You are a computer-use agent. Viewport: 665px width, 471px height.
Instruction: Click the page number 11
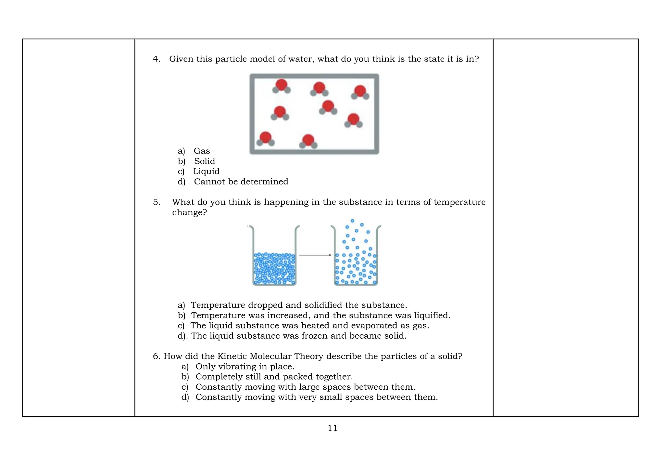point(332,428)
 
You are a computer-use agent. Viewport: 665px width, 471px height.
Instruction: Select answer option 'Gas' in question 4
point(202,151)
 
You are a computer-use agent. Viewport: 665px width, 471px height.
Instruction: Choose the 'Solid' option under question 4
point(205,161)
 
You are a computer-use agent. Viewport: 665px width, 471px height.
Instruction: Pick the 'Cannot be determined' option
point(241,182)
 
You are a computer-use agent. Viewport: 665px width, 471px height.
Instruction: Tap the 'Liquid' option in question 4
point(206,171)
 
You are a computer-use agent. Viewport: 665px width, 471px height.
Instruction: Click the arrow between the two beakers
point(315,255)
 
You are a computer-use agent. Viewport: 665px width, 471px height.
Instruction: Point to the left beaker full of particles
point(274,268)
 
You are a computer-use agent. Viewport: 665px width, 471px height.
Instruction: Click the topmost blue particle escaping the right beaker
point(352,221)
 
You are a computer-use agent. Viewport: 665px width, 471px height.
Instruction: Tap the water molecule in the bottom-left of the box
point(266,139)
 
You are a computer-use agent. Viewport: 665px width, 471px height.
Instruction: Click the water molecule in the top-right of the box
point(360,92)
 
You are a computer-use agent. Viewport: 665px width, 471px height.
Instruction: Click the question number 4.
point(157,59)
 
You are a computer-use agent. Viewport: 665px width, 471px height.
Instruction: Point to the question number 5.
point(157,202)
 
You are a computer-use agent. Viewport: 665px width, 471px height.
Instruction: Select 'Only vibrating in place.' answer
point(245,367)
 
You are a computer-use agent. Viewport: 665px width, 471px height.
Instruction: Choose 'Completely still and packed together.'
point(274,377)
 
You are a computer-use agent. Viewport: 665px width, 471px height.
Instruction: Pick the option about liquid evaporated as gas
point(309,326)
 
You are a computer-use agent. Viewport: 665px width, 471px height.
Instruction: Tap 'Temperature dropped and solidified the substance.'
point(299,305)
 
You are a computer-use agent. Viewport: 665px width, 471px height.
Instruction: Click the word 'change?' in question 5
point(189,213)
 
